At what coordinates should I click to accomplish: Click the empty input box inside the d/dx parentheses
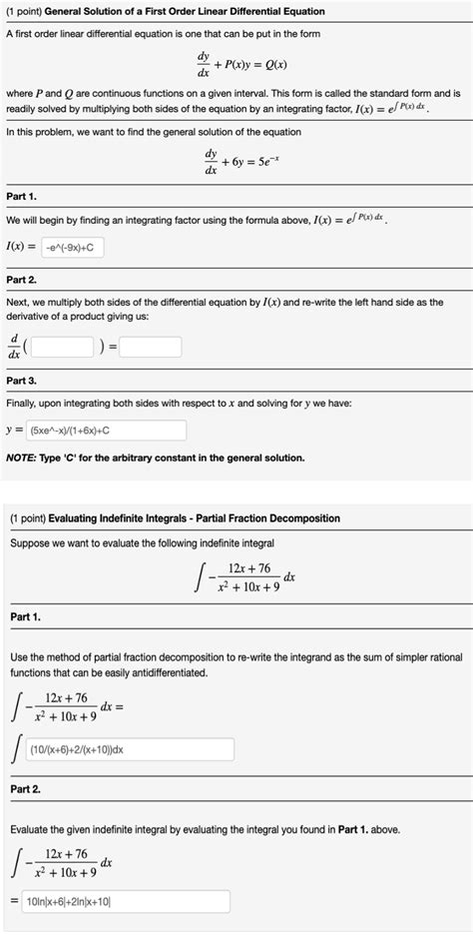(64, 348)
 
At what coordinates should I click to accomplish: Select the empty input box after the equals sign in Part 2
(153, 348)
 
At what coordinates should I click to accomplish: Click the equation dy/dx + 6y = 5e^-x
(236, 161)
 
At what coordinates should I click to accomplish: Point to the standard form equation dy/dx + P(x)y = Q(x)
(236, 67)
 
